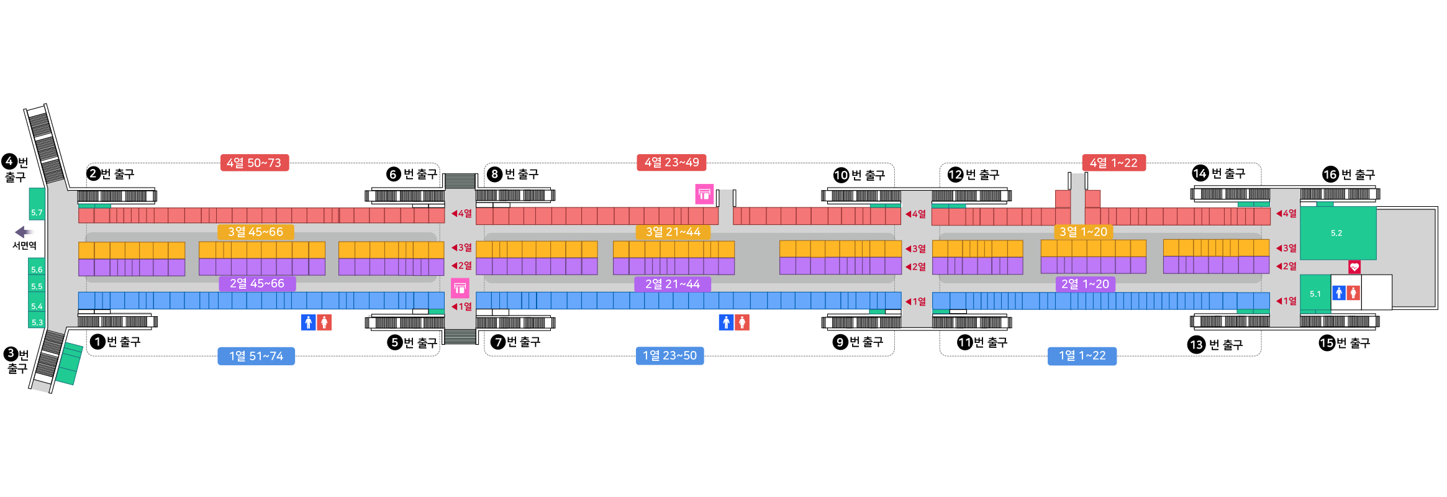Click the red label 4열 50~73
click(254, 163)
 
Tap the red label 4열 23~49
click(671, 162)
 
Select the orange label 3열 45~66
click(255, 232)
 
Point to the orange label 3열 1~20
click(1083, 232)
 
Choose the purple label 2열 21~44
click(672, 284)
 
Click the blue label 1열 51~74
click(256, 356)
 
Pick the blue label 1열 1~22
click(1082, 355)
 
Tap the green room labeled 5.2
click(1337, 233)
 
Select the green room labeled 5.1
click(1315, 294)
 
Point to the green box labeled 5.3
click(37, 322)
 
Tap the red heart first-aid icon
click(1354, 267)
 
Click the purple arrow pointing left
click(25, 232)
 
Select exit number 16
click(1330, 175)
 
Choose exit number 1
click(98, 342)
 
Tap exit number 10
click(841, 175)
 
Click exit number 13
click(1196, 344)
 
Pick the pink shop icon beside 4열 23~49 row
click(704, 194)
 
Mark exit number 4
click(9, 162)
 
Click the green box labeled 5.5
click(37, 286)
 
